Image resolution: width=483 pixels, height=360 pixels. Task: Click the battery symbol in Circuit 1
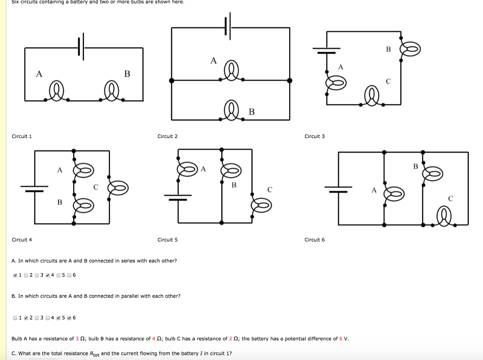coord(81,47)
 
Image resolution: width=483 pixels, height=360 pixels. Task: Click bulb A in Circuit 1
coord(57,91)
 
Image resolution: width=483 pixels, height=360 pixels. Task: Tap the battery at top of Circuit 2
coord(228,27)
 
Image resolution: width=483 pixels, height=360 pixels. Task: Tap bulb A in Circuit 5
coord(187,169)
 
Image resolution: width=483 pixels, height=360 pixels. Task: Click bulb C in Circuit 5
coord(261,204)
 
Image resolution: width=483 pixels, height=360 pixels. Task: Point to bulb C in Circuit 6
coord(445,217)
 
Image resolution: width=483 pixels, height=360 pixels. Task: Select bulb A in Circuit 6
coord(394,194)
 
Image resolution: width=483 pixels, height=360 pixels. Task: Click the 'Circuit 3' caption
coord(315,137)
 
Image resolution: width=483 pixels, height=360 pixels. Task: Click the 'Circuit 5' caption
coord(167,240)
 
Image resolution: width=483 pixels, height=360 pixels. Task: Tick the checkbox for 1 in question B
coord(16,318)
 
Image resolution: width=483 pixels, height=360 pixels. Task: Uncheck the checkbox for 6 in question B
coord(69,318)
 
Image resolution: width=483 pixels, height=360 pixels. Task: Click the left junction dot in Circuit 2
coord(172,81)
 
